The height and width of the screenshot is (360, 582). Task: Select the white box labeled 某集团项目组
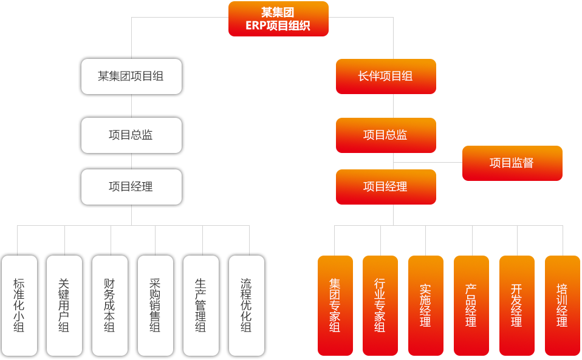[131, 76]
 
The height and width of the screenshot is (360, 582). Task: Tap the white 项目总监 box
[131, 135]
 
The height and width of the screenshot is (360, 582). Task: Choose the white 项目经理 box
[131, 187]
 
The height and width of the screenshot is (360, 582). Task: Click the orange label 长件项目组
[385, 76]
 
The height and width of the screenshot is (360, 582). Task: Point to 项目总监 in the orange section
[385, 135]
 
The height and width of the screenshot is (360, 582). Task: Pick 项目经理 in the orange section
[385, 187]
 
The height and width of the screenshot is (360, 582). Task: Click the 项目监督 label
[512, 163]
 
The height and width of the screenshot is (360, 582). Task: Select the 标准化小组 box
[19, 305]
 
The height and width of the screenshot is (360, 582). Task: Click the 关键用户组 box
[64, 305]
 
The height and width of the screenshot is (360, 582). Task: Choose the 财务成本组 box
[109, 305]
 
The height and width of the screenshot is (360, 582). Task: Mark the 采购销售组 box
[155, 305]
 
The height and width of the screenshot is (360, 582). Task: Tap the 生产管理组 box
[200, 305]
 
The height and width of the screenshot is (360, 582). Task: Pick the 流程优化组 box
[246, 305]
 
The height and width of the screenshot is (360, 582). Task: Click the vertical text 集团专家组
[335, 305]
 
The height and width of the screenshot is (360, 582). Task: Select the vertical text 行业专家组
[380, 305]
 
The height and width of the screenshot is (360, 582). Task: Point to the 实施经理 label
[425, 305]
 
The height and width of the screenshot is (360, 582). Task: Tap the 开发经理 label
[516, 305]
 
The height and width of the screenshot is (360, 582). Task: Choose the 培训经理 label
[562, 305]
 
